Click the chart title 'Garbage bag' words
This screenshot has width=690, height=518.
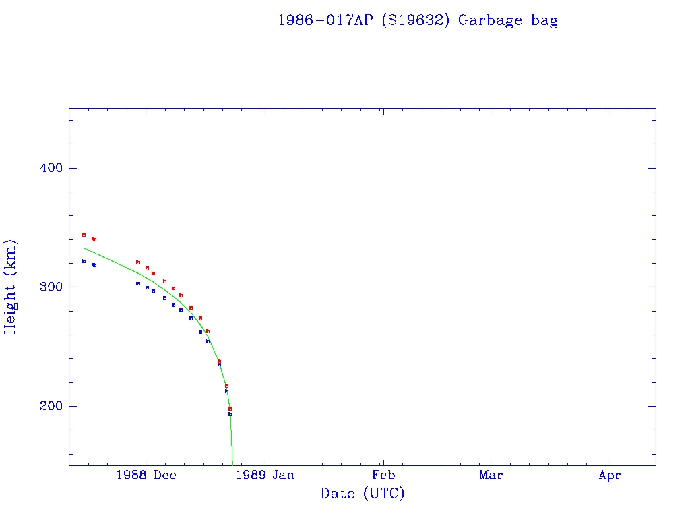(x=507, y=20)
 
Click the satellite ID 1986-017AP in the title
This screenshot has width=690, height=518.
(x=326, y=20)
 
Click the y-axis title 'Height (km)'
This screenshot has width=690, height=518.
(x=10, y=286)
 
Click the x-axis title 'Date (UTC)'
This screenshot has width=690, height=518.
(x=363, y=494)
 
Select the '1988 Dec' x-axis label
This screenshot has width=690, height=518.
(x=146, y=476)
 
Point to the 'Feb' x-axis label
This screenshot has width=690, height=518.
(x=383, y=476)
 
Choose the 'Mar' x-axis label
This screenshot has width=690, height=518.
(x=491, y=476)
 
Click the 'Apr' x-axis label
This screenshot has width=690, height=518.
(x=609, y=476)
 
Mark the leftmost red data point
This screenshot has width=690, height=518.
(x=84, y=235)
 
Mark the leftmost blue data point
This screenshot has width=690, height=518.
(x=84, y=261)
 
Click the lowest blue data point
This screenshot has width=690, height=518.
(x=230, y=414)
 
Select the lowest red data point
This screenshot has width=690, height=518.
(x=230, y=409)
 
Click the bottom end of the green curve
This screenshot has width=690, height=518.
(x=232, y=465)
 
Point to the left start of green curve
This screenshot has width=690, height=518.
(x=84, y=248)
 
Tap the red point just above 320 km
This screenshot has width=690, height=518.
(x=137, y=262)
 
